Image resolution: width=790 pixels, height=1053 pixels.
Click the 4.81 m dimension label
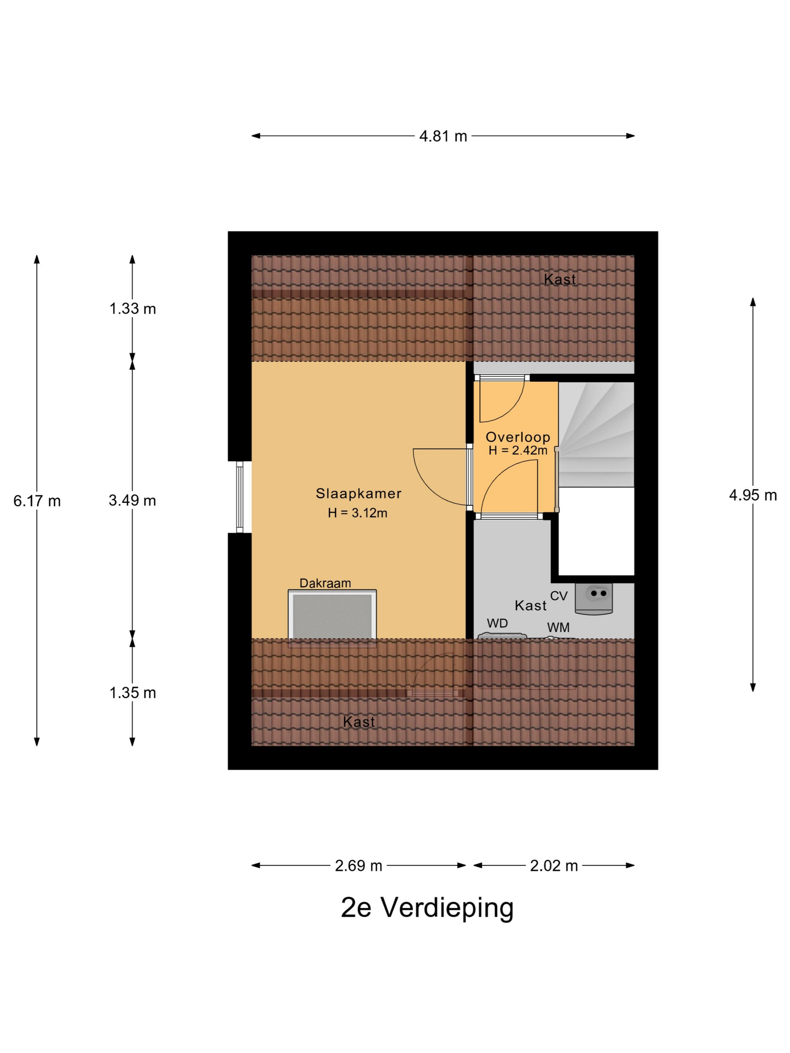tap(442, 136)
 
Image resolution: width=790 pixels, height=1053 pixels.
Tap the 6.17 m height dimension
tap(37, 501)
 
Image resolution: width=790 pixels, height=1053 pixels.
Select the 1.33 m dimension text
tap(133, 309)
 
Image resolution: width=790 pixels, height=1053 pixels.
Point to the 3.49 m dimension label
tap(132, 500)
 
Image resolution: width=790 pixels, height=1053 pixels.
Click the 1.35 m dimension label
tap(133, 693)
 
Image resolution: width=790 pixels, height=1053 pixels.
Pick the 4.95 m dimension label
tap(753, 495)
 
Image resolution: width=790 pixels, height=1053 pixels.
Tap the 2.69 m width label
tap(359, 865)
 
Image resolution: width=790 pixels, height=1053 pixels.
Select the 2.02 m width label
tap(554, 865)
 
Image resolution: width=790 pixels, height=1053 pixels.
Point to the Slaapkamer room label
tap(359, 494)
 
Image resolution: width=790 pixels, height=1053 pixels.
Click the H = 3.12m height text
tap(358, 513)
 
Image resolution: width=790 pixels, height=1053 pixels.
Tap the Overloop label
tap(518, 437)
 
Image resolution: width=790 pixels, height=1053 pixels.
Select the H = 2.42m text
tap(518, 450)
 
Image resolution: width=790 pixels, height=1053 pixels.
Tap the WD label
tap(497, 623)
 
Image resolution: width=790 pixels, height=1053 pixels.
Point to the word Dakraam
tap(325, 583)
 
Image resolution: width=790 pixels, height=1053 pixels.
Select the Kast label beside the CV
tap(530, 605)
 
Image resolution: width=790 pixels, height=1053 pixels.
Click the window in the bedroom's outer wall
tap(240, 497)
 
